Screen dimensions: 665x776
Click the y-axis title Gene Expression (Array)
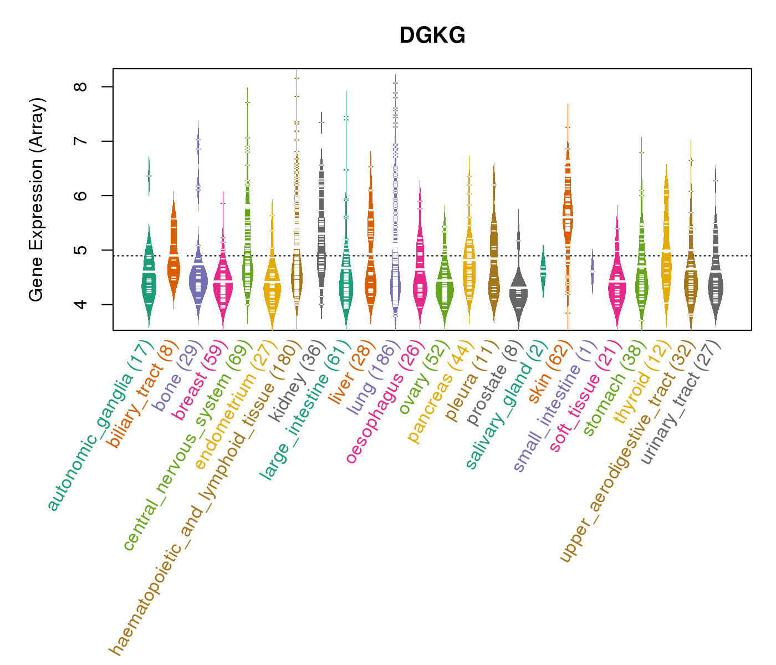coord(37,199)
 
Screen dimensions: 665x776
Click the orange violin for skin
coord(568,211)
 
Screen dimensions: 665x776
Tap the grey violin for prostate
coord(518,291)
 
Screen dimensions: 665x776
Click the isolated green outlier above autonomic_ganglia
coord(149,176)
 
